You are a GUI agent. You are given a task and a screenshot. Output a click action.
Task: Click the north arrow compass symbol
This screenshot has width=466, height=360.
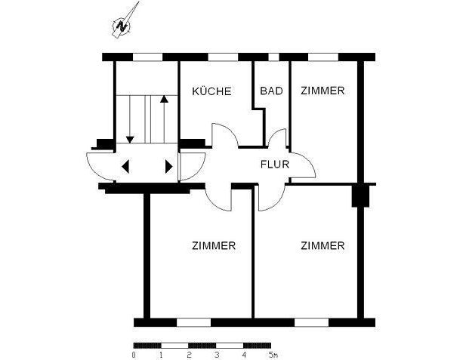click(123, 23)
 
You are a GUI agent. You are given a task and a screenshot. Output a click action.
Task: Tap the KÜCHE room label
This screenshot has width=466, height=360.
click(211, 91)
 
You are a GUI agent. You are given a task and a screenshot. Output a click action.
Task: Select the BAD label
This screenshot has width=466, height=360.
click(271, 91)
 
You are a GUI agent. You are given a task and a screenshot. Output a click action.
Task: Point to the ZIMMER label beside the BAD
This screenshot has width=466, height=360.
click(322, 91)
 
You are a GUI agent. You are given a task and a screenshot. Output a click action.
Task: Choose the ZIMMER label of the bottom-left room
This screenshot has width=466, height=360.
click(214, 246)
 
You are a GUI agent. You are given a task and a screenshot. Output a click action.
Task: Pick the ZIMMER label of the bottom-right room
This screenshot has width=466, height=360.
click(322, 246)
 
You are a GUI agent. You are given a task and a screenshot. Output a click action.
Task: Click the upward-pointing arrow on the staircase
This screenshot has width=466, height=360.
click(164, 100)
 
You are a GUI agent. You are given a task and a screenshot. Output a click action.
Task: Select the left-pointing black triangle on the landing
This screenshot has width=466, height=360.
click(125, 166)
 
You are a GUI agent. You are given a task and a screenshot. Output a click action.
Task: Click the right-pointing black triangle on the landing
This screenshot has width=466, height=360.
click(168, 166)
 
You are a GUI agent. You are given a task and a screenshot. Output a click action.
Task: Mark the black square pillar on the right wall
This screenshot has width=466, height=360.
click(360, 195)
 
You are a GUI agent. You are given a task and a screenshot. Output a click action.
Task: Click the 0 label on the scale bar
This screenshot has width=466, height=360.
click(134, 354)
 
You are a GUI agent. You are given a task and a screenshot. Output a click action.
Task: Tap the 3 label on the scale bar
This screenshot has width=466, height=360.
click(217, 354)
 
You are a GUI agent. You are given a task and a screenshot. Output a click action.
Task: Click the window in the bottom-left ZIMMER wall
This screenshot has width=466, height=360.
click(193, 322)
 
